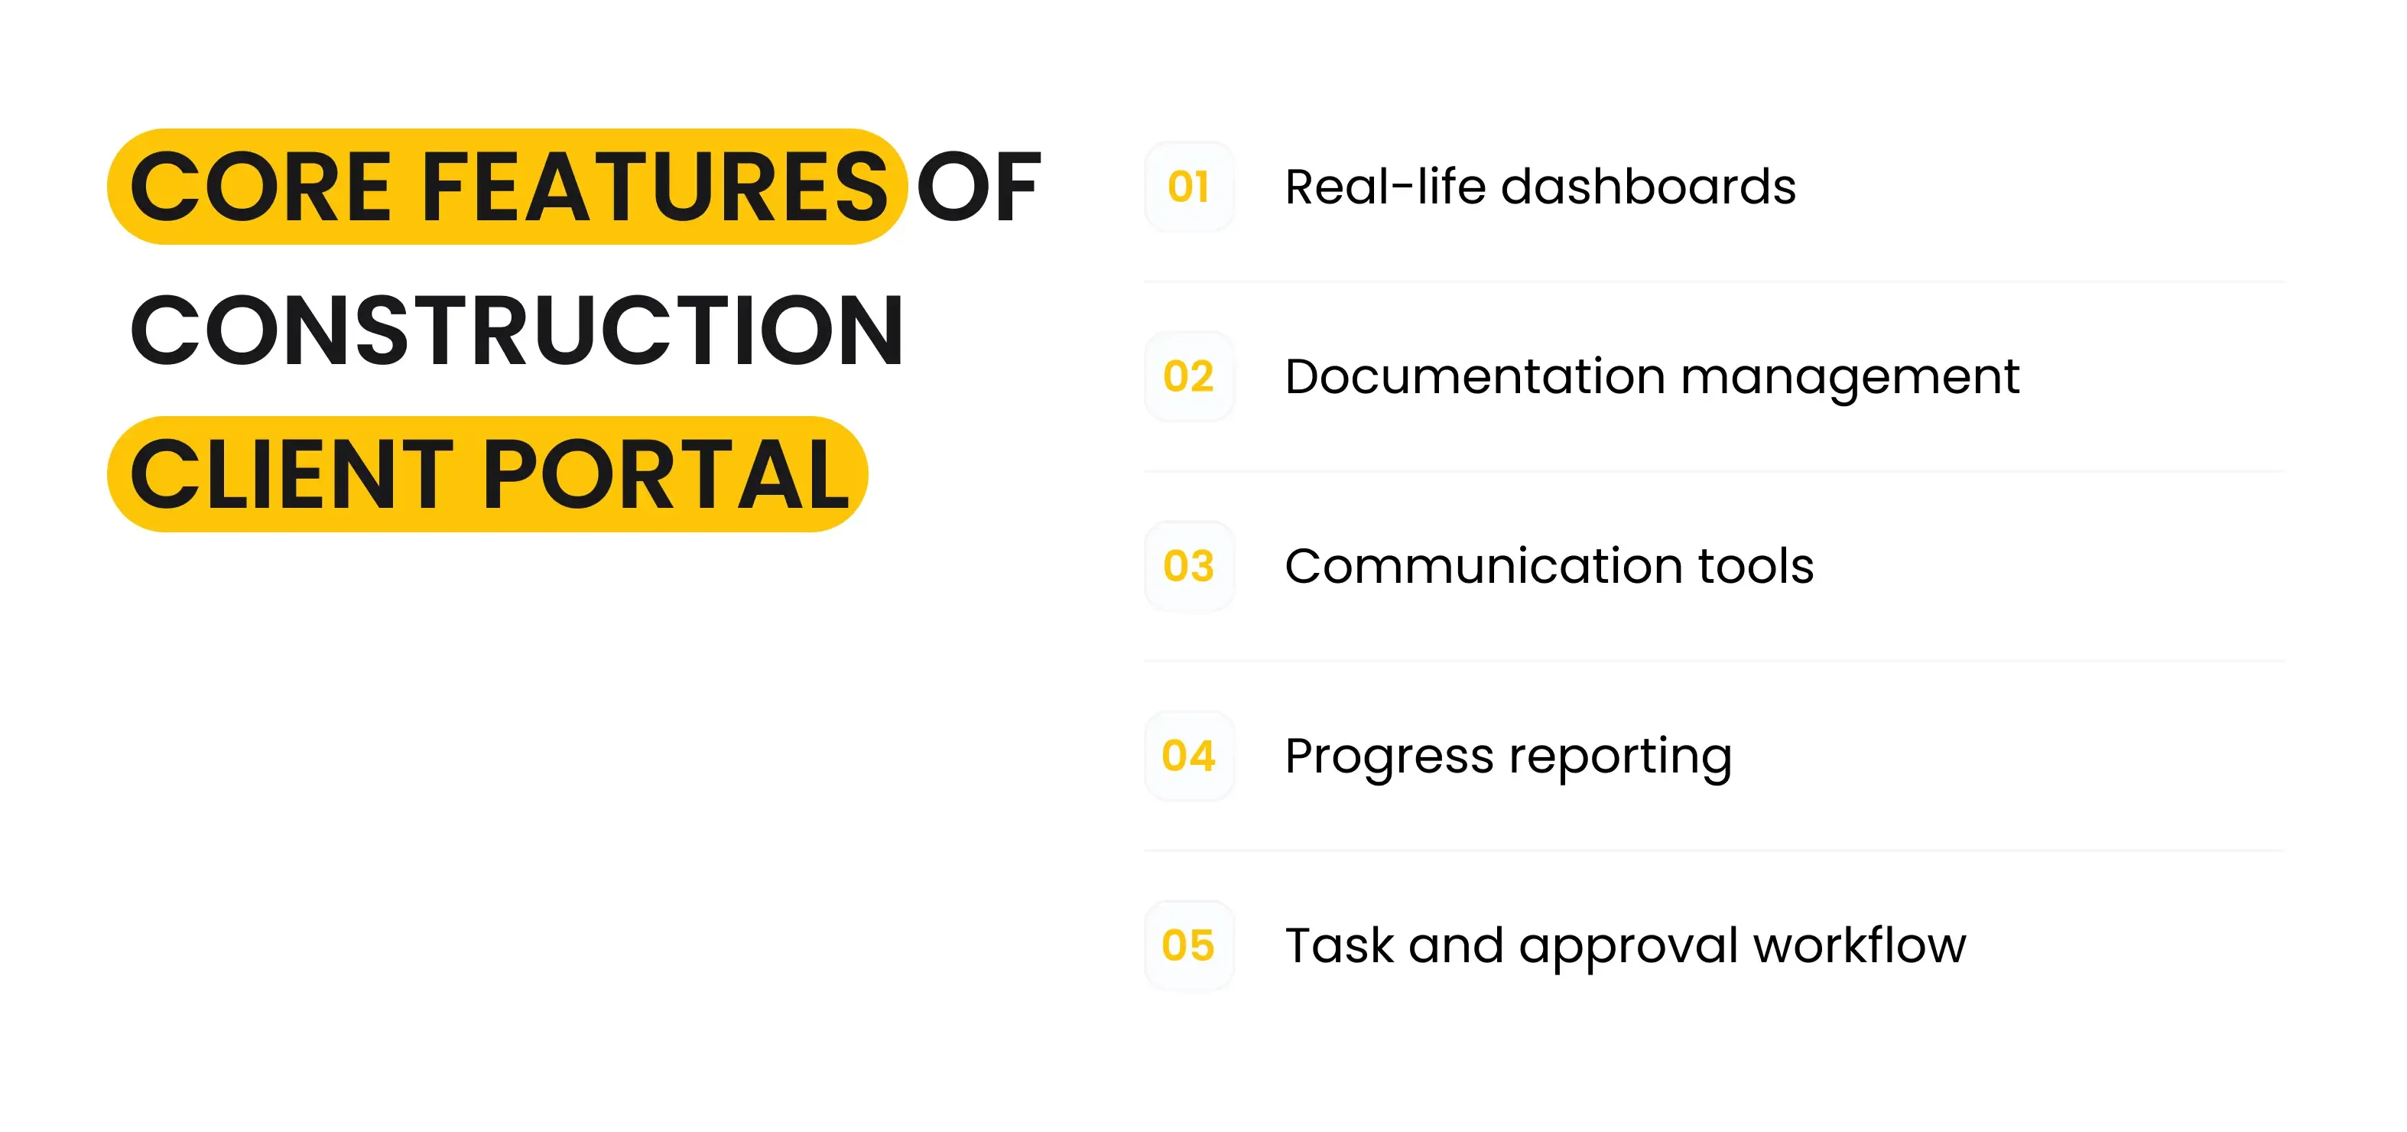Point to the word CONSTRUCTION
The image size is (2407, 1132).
point(517,331)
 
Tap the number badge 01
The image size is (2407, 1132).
point(1188,187)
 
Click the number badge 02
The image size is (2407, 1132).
point(1188,377)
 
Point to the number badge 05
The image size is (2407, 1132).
point(1188,946)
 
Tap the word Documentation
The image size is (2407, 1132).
point(1474,377)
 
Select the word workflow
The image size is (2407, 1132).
point(1860,946)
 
